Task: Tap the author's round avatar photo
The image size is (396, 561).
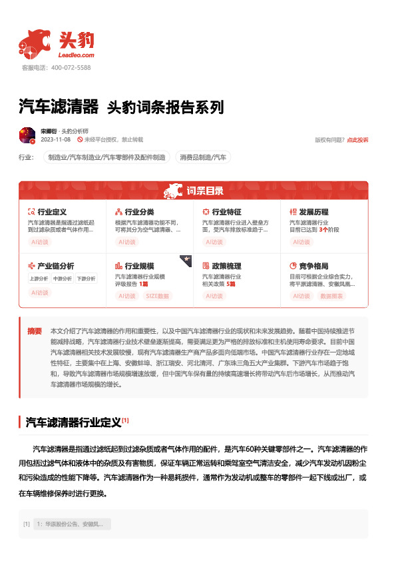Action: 27,135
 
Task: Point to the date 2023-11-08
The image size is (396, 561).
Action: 56,140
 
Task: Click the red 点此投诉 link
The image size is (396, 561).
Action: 357,140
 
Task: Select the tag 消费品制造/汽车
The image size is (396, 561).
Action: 203,157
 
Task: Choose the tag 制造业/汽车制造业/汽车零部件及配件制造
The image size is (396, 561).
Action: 106,157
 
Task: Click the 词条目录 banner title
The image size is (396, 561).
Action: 205,191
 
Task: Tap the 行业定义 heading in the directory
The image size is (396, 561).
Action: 52,212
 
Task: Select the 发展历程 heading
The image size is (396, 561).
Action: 313,212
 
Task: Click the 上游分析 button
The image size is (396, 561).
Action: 39,279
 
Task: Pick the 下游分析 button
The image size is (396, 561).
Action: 86,279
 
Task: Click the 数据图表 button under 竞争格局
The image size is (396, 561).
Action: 333,296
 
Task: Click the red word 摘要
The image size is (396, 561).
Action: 35,330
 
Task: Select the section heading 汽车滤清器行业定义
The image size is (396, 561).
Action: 73,422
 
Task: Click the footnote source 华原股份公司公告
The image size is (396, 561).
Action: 61,524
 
